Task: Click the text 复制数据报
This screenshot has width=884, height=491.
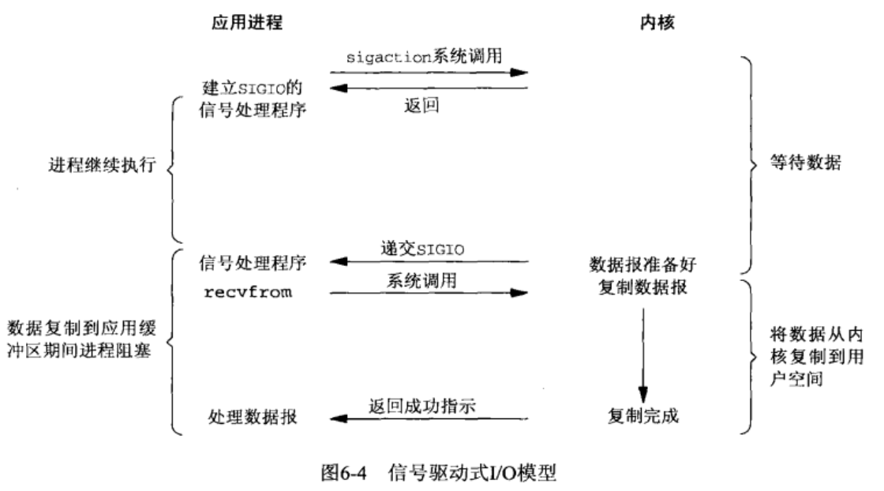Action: tap(640, 287)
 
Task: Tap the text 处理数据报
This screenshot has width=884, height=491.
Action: tap(253, 418)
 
